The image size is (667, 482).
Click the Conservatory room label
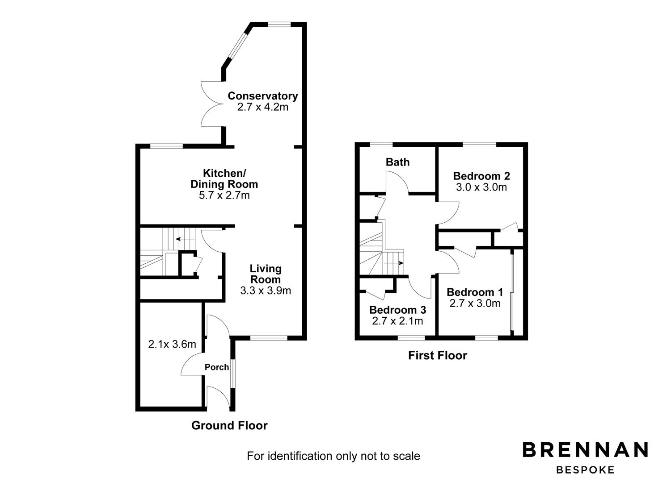pyautogui.click(x=262, y=96)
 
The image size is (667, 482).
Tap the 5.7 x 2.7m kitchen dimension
pyautogui.click(x=224, y=195)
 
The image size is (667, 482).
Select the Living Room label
pyautogui.click(x=266, y=274)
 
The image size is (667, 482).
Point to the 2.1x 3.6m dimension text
pyautogui.click(x=172, y=344)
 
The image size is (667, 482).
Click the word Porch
pyautogui.click(x=217, y=367)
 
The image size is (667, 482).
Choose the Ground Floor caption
pyautogui.click(x=229, y=425)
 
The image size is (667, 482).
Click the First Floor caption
pyautogui.click(x=437, y=355)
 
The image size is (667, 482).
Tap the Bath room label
pyautogui.click(x=397, y=162)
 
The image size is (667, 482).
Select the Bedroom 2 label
pyautogui.click(x=481, y=176)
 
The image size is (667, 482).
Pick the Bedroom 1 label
pyautogui.click(x=475, y=292)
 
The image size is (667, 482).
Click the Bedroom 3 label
pyautogui.click(x=397, y=310)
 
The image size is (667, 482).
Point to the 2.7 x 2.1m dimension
pyautogui.click(x=397, y=321)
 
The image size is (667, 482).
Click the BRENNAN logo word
pyautogui.click(x=585, y=450)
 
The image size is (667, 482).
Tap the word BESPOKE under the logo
pyautogui.click(x=585, y=470)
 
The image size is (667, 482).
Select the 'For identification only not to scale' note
pyautogui.click(x=333, y=456)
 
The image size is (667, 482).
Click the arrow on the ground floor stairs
pyautogui.click(x=182, y=239)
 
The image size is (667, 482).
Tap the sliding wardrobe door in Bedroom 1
pyautogui.click(x=512, y=292)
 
